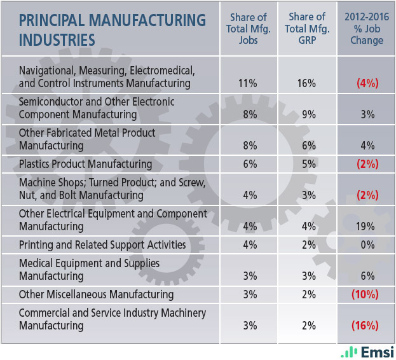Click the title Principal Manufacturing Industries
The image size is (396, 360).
[x=113, y=29]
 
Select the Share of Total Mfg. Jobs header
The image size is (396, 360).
[x=249, y=29]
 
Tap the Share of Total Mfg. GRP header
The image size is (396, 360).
[x=308, y=29]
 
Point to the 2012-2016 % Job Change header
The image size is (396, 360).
[x=366, y=29]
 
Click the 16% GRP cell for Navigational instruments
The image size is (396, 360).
[x=308, y=83]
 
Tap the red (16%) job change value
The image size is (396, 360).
[x=365, y=325]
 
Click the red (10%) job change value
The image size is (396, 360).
[x=365, y=294]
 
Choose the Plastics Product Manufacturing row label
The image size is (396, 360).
[x=86, y=163]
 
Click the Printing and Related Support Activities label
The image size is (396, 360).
[x=102, y=244]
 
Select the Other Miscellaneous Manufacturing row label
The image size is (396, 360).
[x=96, y=294]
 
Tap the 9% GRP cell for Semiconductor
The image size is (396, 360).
[x=308, y=114]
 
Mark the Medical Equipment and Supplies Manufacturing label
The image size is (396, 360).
[x=89, y=269]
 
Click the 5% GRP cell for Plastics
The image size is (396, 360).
[x=308, y=163]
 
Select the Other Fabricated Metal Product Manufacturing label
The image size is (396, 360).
[x=87, y=139]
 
